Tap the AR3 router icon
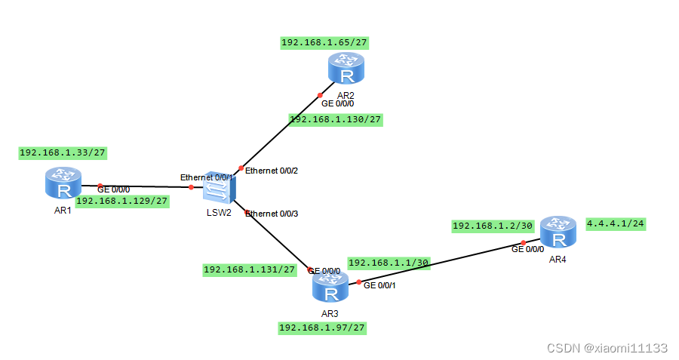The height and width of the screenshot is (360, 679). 330,288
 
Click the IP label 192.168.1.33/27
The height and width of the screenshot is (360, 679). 63,152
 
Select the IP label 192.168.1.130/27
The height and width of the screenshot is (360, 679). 336,119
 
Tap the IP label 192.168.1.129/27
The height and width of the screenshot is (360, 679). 122,201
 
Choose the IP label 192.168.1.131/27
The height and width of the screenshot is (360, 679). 249,269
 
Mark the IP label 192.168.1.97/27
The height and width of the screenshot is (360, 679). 323,328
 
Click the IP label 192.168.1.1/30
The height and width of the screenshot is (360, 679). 389,263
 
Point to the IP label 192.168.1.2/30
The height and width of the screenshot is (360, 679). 493,226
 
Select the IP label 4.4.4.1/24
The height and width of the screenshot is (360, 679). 618,223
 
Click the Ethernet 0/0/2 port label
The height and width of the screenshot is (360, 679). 272,171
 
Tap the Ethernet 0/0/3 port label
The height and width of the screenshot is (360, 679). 272,214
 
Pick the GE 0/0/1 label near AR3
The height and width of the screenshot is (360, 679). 381,285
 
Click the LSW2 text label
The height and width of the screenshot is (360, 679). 218,211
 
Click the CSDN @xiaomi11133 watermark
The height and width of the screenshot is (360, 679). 607,348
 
